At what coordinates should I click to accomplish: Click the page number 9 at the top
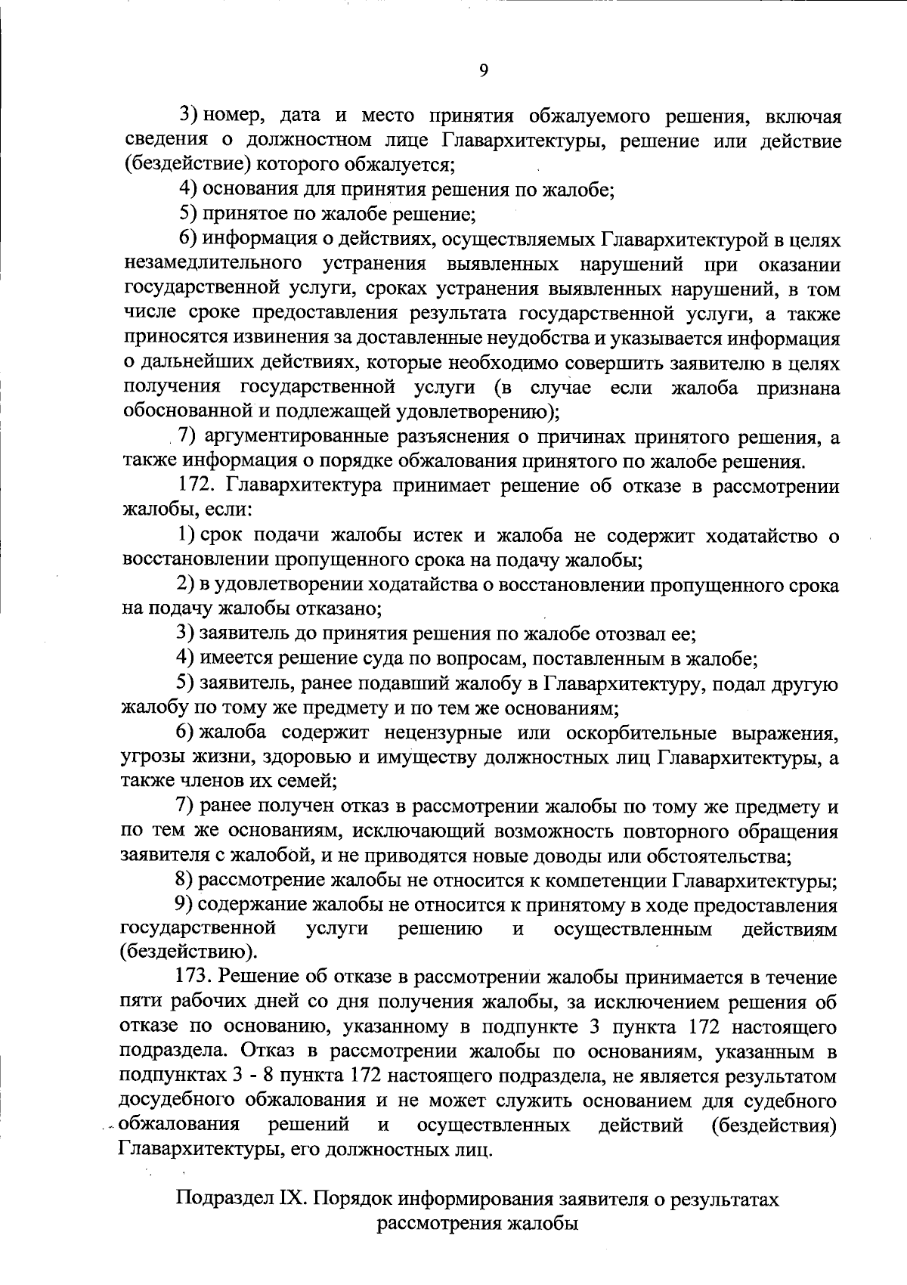pos(484,70)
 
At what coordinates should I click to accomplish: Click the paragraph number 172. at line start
pos(198,487)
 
